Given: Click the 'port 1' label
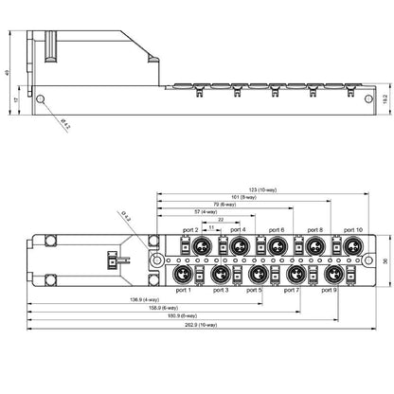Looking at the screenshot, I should (183, 290).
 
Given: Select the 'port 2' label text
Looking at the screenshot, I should (189, 230).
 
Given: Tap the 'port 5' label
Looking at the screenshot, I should (254, 290).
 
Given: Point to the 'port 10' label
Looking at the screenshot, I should (352, 230).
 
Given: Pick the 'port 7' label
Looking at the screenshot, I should (291, 290).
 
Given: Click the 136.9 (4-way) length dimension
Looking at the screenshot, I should (143, 300).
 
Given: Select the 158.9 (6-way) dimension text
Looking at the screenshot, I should (163, 309).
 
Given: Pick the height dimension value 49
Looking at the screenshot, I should (7, 73).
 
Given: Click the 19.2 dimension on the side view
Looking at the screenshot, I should (385, 98).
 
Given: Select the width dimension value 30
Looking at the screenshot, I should (385, 260).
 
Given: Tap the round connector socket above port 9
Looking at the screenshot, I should (331, 273).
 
